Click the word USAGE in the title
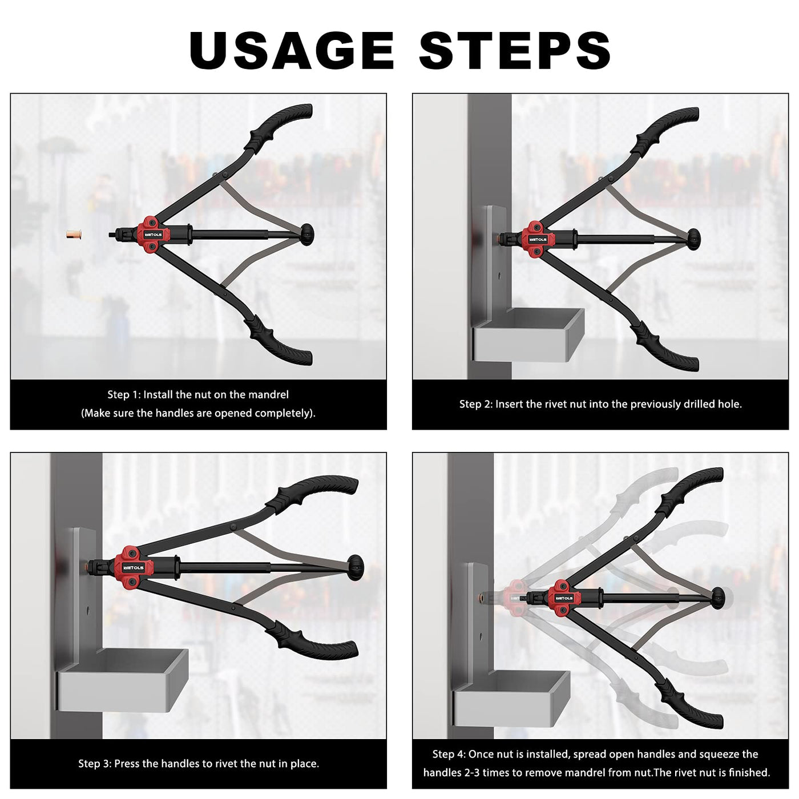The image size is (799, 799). (x=291, y=50)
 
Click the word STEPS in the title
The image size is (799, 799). (x=515, y=50)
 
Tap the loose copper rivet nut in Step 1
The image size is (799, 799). (x=74, y=235)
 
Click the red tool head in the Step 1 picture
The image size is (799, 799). (x=152, y=234)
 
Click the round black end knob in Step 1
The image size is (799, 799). (x=307, y=235)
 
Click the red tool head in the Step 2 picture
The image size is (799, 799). (x=538, y=239)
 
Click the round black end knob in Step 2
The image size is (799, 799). (x=693, y=240)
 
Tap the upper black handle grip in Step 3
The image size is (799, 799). (x=317, y=495)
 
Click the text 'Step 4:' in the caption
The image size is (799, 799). (x=449, y=754)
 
